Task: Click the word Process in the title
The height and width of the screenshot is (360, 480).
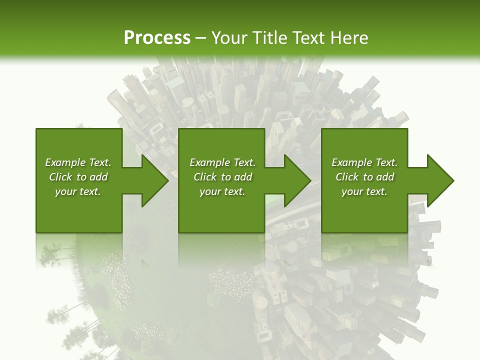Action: pos(157,38)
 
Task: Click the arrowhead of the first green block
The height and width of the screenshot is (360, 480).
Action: pos(153,180)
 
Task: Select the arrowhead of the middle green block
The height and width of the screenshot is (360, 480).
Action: pos(296,180)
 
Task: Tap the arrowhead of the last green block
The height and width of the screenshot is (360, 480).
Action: pos(439,180)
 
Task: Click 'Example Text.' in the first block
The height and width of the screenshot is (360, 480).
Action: pos(78,162)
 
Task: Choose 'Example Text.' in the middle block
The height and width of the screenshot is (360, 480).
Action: pos(222,162)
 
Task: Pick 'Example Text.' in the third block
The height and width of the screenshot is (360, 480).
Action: pos(364,162)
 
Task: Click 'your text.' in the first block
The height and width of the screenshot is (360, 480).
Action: pos(78,191)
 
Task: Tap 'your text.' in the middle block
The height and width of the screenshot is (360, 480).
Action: pos(222,191)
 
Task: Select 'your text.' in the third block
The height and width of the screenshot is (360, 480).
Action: pos(364,191)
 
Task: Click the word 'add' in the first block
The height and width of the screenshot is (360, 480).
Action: pos(98,177)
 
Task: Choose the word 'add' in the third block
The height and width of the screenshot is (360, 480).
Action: pos(385,177)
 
